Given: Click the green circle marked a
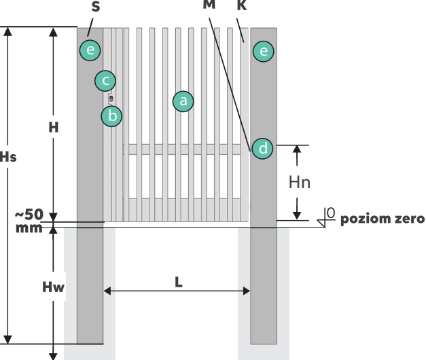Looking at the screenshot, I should (183, 101).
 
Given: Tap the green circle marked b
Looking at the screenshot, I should (112, 116).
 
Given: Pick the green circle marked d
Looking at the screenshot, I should (262, 147).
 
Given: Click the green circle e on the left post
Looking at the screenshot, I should (89, 49).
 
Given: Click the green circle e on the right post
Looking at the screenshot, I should (262, 50).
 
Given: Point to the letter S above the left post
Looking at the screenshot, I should (95, 6).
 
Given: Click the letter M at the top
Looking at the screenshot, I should (209, 5).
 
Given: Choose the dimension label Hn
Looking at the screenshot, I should (300, 181).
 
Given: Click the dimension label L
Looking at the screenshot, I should (178, 281).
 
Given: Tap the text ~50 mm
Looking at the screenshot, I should (29, 220).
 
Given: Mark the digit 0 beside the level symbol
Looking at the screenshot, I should (331, 214).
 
